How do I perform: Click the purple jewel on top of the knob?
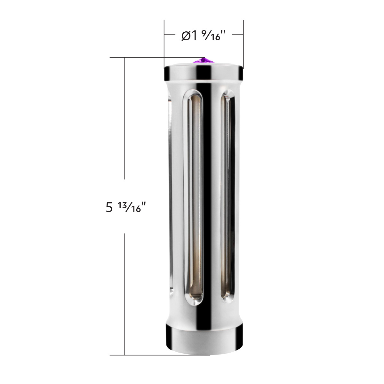click(x=204, y=60)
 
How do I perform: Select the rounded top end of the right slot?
click(x=228, y=96)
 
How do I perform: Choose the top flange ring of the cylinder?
click(x=204, y=73)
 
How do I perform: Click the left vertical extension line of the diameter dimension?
click(x=164, y=42)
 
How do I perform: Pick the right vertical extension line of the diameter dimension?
click(x=243, y=42)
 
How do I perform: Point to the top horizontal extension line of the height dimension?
click(x=138, y=58)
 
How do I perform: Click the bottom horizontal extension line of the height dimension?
click(x=144, y=355)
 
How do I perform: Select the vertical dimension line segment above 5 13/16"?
click(x=124, y=118)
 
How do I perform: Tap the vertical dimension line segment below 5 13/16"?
click(x=124, y=294)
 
